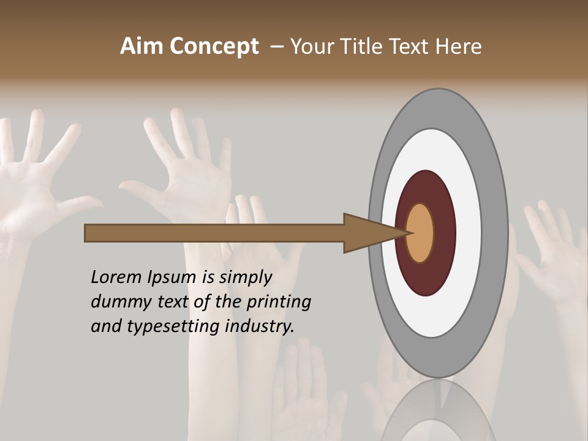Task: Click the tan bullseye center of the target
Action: [420, 233]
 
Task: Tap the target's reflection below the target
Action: [438, 413]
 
